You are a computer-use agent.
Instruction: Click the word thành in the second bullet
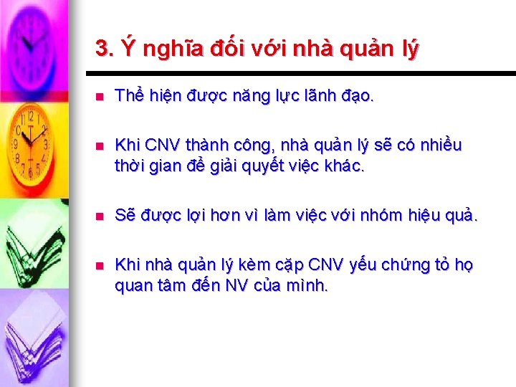pos(211,146)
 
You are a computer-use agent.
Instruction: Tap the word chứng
pos(405,265)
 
